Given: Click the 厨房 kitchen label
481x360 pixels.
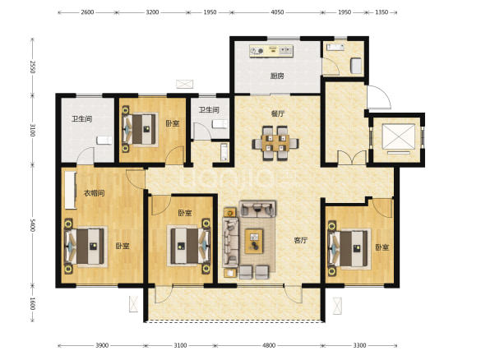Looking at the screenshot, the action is point(277,76).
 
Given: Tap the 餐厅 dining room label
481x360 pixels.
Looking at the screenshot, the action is point(278,113).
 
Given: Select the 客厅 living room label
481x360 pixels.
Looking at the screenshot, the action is point(300,240).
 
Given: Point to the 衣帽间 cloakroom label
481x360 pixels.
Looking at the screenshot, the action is point(95,193).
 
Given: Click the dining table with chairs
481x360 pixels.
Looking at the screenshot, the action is point(275,143).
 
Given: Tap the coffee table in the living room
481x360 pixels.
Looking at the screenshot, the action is point(254,241).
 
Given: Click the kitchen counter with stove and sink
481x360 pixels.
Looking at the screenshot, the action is point(271,51).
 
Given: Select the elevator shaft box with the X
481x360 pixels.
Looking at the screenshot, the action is point(399,136).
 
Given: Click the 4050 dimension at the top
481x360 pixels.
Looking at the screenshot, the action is point(277,12).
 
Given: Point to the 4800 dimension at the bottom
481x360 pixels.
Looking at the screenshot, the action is point(269,345).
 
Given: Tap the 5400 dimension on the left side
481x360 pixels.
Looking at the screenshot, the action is point(33,225).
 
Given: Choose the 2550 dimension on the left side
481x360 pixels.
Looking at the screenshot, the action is point(33,67).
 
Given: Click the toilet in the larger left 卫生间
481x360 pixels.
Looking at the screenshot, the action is point(104,140).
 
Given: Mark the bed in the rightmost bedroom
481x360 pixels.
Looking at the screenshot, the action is point(349,248).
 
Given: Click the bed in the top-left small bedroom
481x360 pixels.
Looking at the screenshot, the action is point(141,129).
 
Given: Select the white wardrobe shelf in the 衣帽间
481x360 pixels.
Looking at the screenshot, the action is point(71,190).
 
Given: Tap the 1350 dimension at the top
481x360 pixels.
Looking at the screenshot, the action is point(382,12).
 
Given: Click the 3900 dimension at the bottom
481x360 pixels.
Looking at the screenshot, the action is point(102,345).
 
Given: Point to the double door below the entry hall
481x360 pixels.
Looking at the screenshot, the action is point(352,157).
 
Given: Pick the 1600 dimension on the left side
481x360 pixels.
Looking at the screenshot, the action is point(33,303).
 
